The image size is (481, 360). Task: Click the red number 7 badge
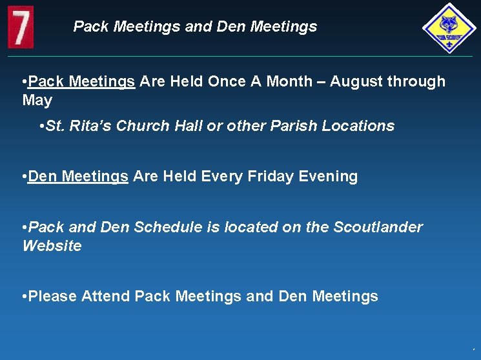pos(21,27)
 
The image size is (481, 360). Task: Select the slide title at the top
pos(195,26)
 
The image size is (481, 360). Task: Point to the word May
pos(37,101)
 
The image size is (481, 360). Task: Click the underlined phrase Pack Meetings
pos(81,81)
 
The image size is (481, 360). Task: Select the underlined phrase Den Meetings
pos(78,177)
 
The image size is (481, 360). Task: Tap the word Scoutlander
pos(378,227)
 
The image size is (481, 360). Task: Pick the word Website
pos(52,246)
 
